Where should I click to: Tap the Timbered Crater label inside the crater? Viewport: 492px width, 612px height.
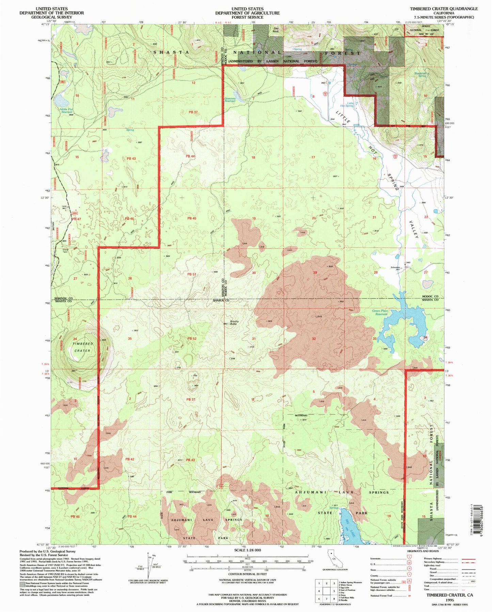click(x=82, y=347)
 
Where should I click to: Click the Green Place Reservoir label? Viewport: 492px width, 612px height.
click(x=380, y=312)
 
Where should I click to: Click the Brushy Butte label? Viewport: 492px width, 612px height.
click(x=234, y=322)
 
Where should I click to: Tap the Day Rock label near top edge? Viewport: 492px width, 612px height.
click(x=275, y=30)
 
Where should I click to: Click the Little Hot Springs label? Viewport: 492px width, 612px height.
click(x=350, y=104)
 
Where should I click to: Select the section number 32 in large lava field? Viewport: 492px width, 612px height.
click(x=314, y=339)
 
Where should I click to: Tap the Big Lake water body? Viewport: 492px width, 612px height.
click(x=348, y=528)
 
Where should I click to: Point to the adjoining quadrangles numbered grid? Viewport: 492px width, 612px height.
click(x=326, y=592)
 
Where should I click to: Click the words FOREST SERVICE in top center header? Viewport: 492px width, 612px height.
click(x=247, y=17)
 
